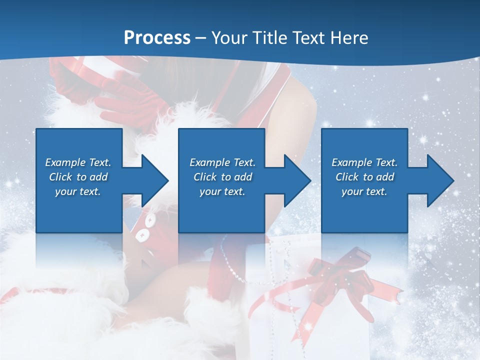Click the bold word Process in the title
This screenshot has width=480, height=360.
click(157, 38)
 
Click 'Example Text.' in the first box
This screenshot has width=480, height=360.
click(78, 162)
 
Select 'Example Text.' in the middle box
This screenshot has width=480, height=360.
click(222, 162)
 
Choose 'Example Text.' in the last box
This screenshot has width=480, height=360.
click(364, 162)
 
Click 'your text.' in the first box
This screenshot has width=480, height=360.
click(78, 191)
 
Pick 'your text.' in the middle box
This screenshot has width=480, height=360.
click(222, 191)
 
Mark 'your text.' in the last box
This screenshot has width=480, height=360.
click(364, 191)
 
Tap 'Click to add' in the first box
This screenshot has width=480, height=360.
click(78, 177)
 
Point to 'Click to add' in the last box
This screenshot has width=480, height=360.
click(364, 177)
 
